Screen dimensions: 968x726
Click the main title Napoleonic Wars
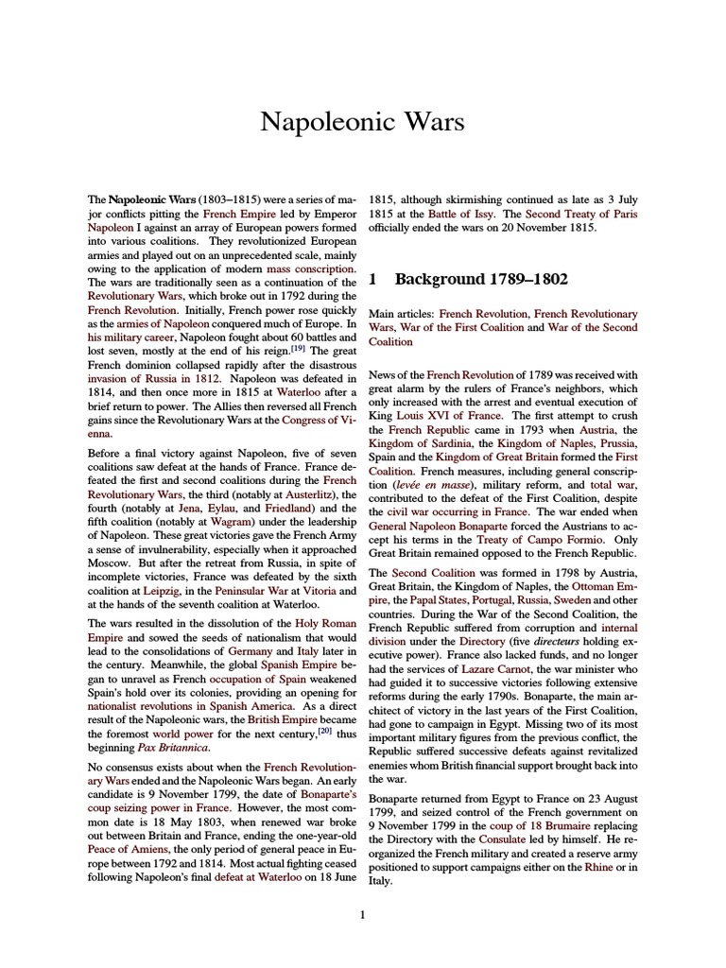[362, 122]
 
